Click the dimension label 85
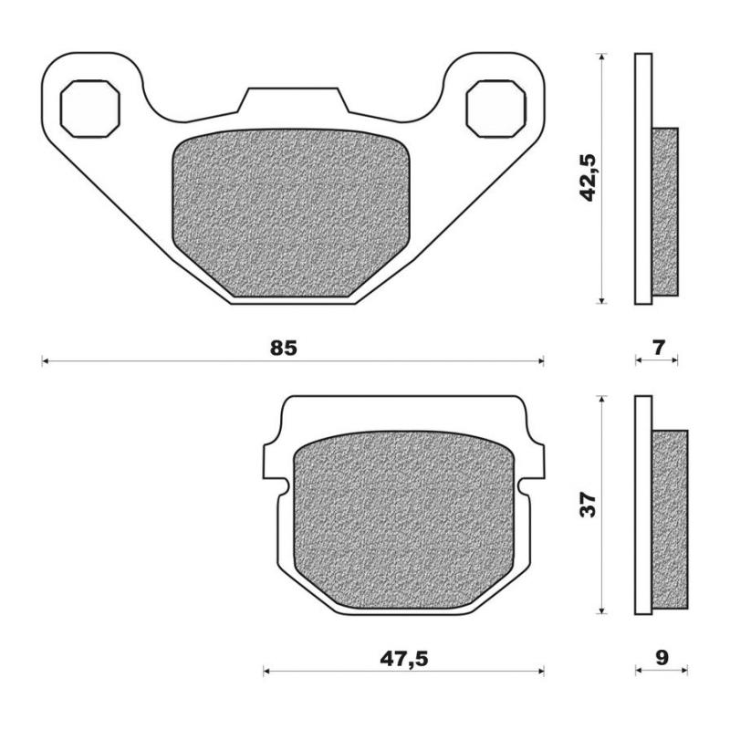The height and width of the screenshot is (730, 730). (284, 348)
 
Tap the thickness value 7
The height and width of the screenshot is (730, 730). (659, 347)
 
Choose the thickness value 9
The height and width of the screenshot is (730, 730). (661, 657)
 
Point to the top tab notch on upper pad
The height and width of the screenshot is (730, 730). (291, 100)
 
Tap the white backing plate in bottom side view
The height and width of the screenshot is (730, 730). (643, 506)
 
